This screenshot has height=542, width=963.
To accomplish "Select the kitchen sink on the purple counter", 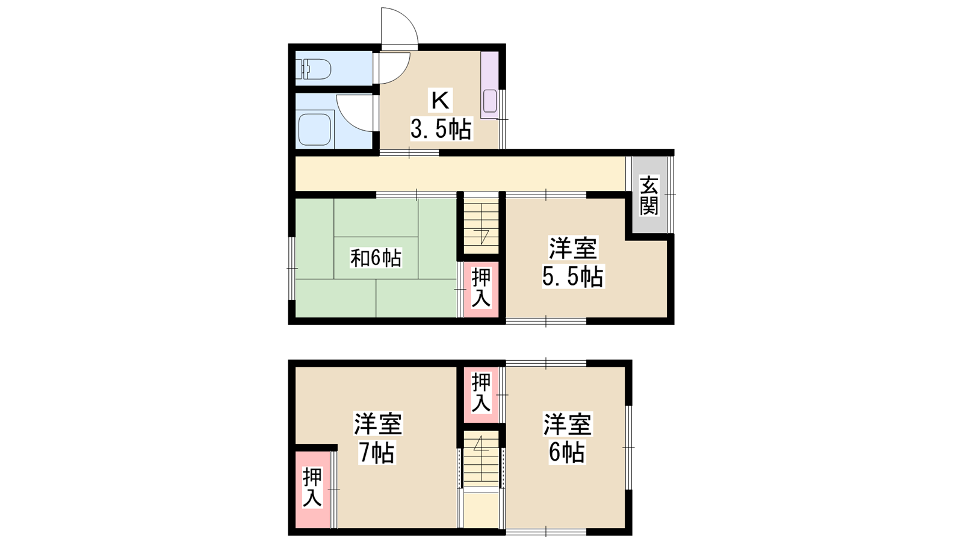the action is pyautogui.click(x=490, y=101).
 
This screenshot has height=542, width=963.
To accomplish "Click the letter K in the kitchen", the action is pyautogui.click(x=440, y=102).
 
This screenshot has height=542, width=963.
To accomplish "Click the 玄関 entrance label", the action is pyautogui.click(x=649, y=195).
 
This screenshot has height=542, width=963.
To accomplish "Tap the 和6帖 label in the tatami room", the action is pyautogui.click(x=376, y=258).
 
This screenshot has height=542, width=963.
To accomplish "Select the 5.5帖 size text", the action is pyautogui.click(x=572, y=276).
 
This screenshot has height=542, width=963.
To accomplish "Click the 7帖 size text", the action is pyautogui.click(x=377, y=452).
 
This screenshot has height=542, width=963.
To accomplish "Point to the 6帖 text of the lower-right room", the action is pyautogui.click(x=566, y=452).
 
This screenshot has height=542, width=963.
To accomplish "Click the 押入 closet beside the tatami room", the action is pyautogui.click(x=481, y=289).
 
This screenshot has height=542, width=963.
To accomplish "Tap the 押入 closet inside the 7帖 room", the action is pyautogui.click(x=312, y=490).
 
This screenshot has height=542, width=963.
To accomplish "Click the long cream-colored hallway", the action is pyautogui.click(x=460, y=173).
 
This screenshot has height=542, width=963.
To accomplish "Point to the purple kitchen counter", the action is pyautogui.click(x=490, y=85).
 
